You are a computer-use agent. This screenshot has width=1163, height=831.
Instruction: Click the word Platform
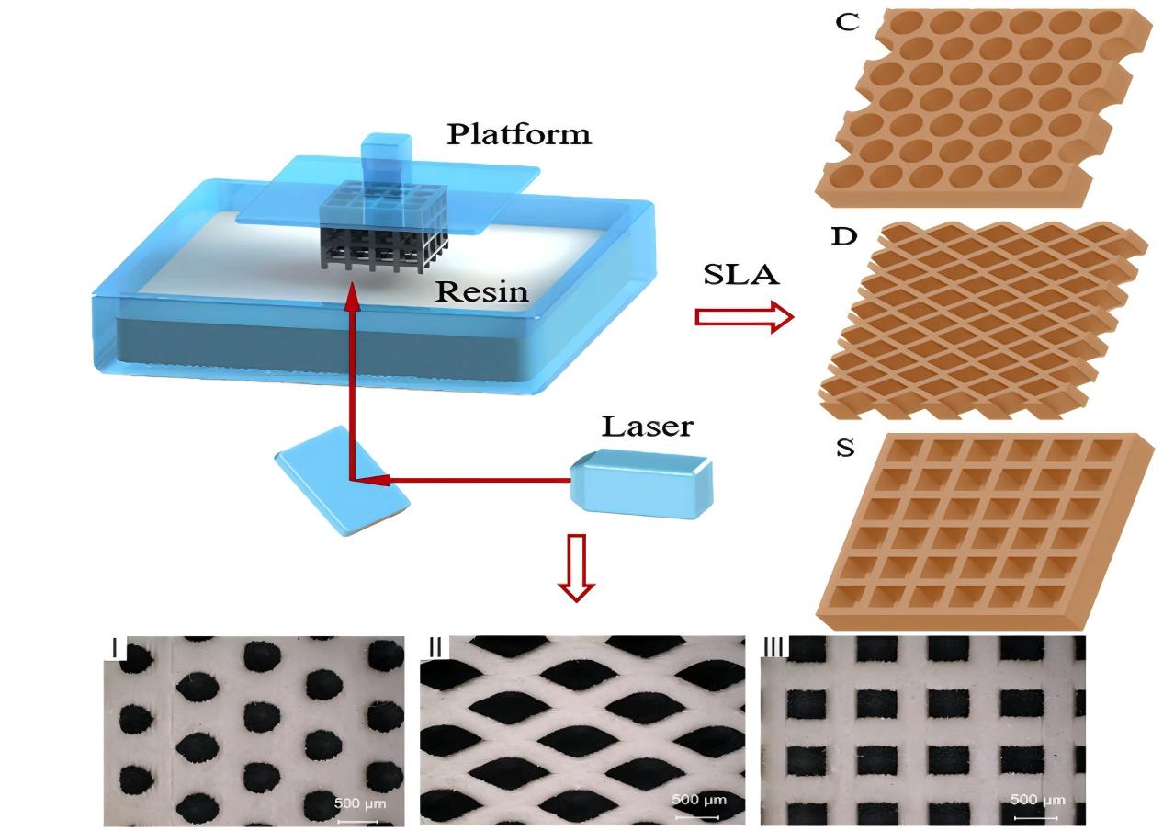pos(519,134)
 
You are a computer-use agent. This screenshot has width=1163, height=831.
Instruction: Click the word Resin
pos(482,291)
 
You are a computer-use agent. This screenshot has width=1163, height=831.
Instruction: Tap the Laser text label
pos(647,427)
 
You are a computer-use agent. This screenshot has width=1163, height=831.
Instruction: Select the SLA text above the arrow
pos(742,275)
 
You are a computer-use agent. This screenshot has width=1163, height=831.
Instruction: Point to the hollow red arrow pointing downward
pos(575,567)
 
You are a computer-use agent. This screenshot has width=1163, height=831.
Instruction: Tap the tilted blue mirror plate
pos(342,481)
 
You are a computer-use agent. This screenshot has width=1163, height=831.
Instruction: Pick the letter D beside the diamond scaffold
pos(843,236)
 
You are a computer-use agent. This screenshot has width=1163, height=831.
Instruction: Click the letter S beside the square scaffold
pos(844,450)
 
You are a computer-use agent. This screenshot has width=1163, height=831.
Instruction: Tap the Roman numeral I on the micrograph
pos(116,647)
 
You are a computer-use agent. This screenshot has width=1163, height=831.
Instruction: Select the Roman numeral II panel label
pos(435,646)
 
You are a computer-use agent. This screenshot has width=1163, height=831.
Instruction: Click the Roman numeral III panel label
pos(773,646)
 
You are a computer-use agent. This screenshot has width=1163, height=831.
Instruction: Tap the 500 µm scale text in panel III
pos(1037,799)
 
